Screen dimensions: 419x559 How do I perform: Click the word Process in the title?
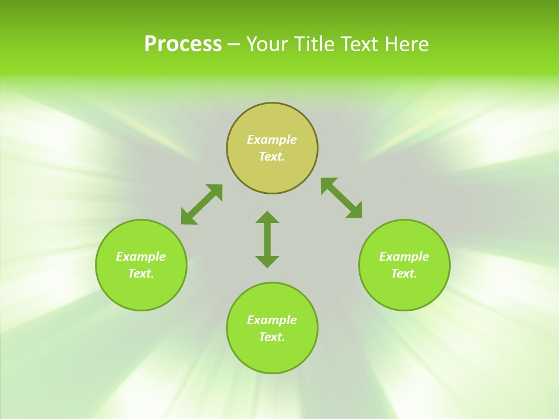pos(183,44)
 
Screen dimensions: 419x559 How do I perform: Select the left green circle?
pos(141,291)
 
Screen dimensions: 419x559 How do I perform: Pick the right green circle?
pos(404,291)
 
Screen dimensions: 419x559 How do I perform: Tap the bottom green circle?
pos(272,356)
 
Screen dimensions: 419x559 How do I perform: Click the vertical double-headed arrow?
pos(267,239)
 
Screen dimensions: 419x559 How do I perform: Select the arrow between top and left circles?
pos(201,204)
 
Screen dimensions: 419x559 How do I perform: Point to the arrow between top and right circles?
pos(341,198)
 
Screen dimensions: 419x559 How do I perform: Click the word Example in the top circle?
pos(272,140)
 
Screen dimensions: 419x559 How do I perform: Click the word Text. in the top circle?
pos(272,157)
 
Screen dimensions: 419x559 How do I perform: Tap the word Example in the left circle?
pos(141,257)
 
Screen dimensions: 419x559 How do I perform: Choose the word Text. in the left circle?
pos(141,274)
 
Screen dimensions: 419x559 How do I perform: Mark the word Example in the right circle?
pos(404,257)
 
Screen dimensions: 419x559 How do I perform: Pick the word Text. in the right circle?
pos(404,274)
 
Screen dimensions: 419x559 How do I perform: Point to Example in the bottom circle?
pos(272,320)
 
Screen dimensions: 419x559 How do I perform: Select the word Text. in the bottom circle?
pos(272,337)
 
